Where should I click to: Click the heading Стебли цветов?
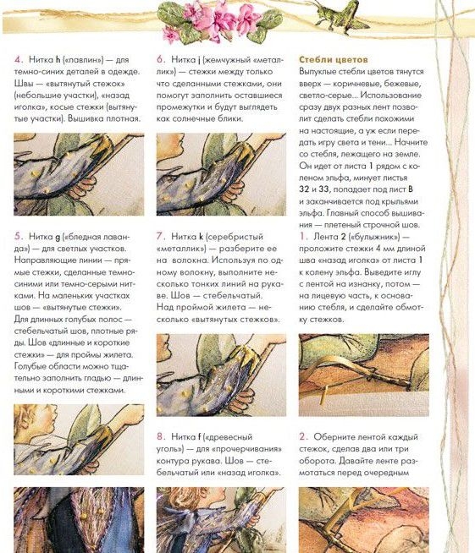coord(334,59)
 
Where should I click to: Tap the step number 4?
coord(19,59)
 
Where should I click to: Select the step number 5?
coord(19,236)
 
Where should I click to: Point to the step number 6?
coord(161,59)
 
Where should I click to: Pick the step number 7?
coord(161,236)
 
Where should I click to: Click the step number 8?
coord(161,436)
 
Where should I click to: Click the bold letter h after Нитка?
coord(58,59)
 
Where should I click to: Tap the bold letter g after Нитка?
coord(58,237)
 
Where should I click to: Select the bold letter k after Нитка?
coord(201,236)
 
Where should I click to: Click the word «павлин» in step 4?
coord(83,60)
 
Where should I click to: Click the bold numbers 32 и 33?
coord(314,189)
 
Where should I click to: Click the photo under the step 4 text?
coord(79,174)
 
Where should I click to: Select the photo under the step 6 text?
coord(222,174)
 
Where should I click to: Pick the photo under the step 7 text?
coord(222,375)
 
